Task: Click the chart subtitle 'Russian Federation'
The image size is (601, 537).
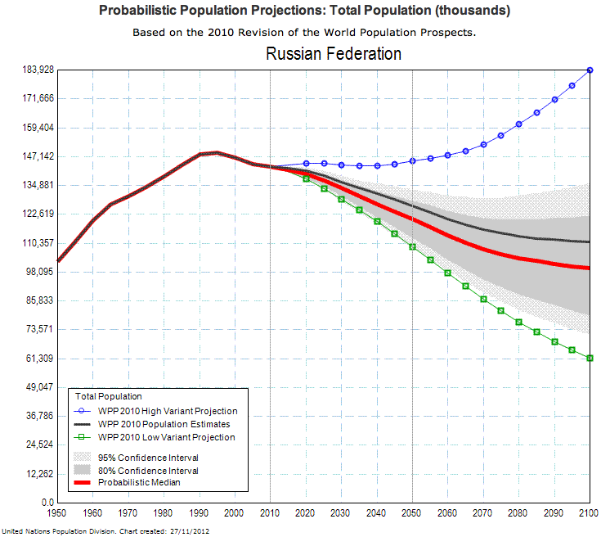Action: tap(334, 54)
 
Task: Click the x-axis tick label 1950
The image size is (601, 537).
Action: tap(57, 513)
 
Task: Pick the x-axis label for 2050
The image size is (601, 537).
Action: tap(412, 513)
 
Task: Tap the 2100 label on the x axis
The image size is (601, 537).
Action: tap(589, 513)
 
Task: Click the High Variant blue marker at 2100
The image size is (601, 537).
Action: tap(590, 70)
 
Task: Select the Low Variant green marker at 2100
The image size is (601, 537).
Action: tap(590, 358)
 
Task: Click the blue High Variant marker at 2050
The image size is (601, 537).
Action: tap(412, 161)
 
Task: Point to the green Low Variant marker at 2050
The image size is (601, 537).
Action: tap(412, 246)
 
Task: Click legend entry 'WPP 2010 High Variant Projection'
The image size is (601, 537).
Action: tap(168, 411)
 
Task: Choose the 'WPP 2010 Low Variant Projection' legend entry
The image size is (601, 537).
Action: tap(167, 437)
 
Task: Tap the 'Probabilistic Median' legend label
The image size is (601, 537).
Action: tap(138, 483)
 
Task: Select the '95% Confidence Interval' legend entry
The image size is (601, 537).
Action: tap(148, 458)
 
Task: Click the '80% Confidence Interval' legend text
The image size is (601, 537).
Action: tap(148, 471)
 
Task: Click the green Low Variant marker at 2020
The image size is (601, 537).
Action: tap(306, 178)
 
